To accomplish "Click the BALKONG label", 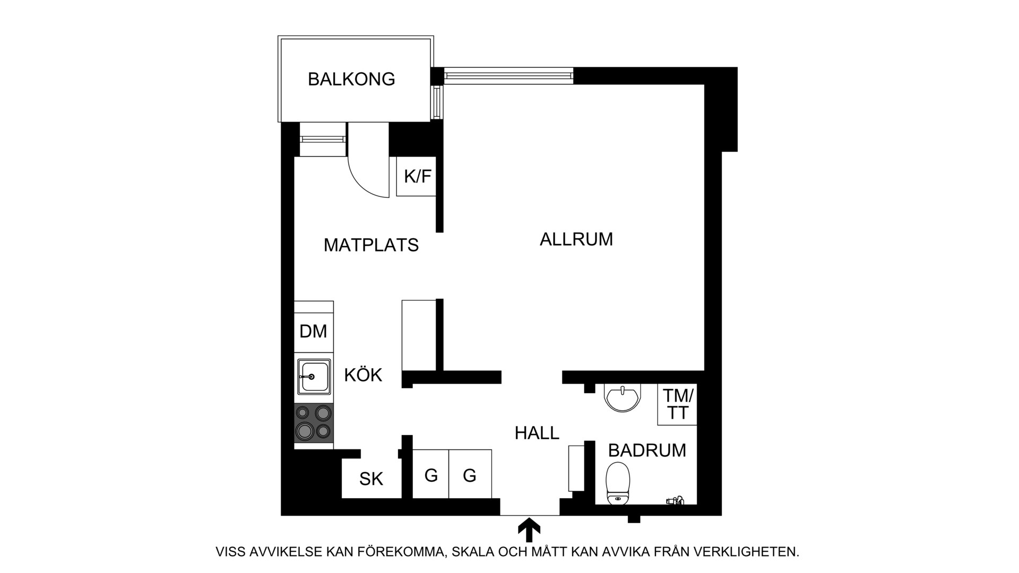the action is click(x=351, y=79).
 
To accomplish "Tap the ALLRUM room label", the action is click(x=576, y=239).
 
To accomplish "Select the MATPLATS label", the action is click(x=371, y=245).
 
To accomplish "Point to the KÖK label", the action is click(x=363, y=375).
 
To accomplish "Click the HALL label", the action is click(x=537, y=433).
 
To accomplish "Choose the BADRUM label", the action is click(x=647, y=450).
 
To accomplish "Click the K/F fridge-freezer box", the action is click(x=417, y=176).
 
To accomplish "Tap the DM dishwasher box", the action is click(x=314, y=332).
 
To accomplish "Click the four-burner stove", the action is click(x=314, y=423).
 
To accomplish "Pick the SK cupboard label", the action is click(x=371, y=479).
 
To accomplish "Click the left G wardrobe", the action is click(x=430, y=474).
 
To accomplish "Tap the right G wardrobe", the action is click(x=470, y=474).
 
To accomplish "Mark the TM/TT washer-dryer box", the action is click(x=677, y=404).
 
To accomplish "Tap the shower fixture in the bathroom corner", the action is click(x=675, y=500).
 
